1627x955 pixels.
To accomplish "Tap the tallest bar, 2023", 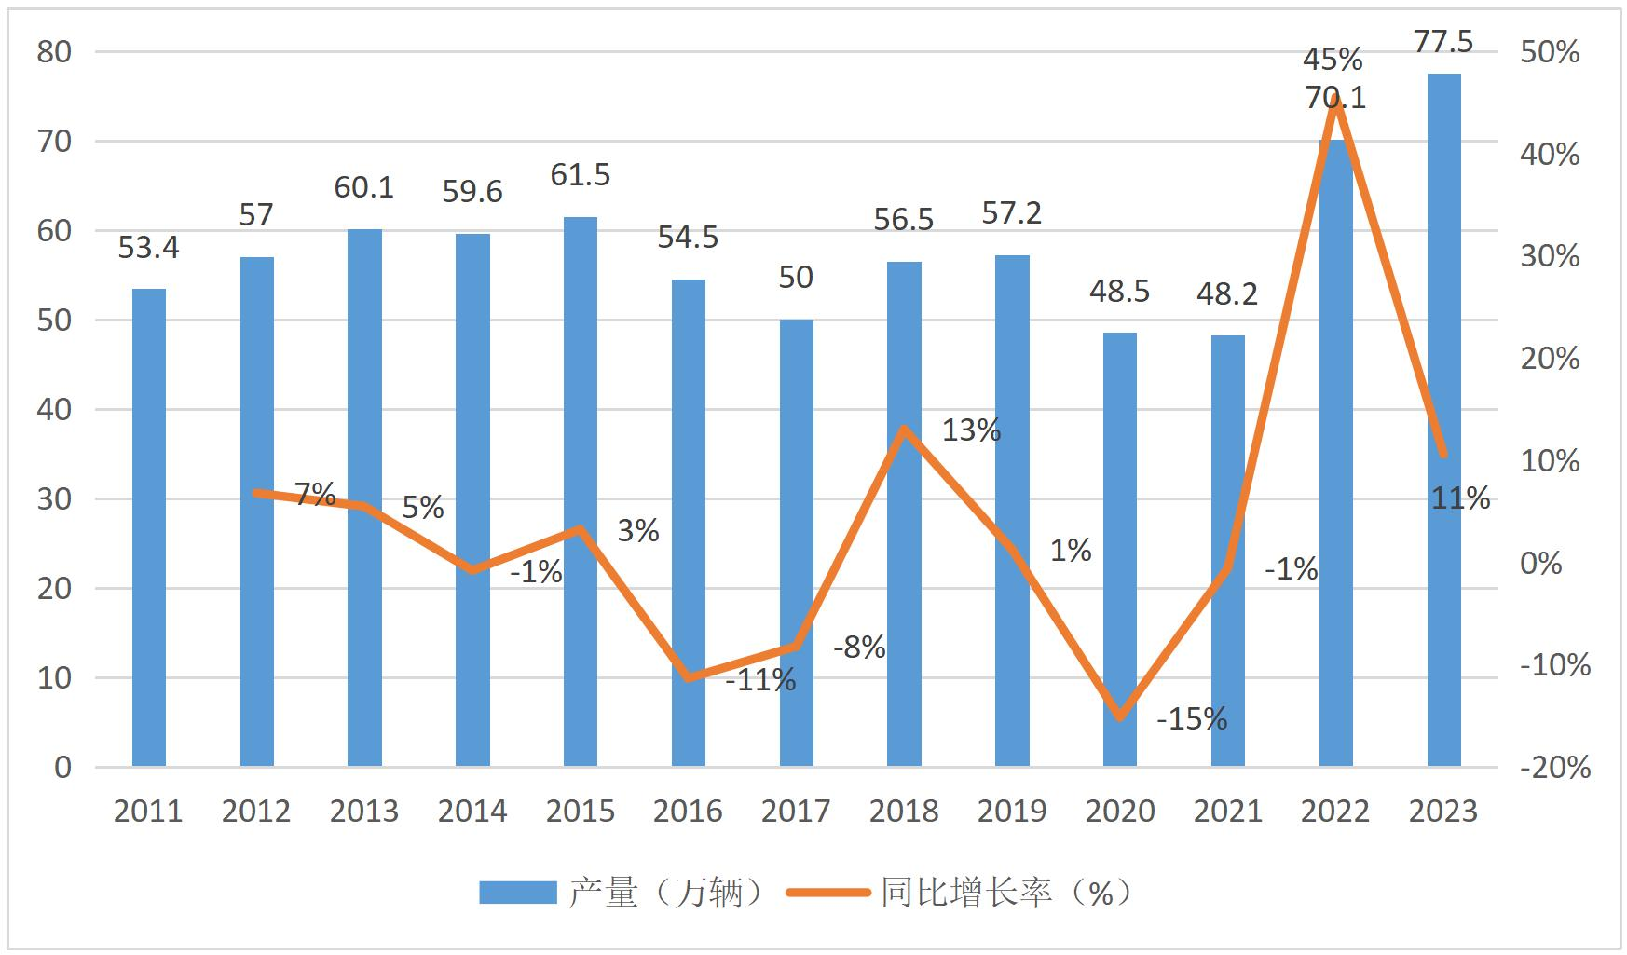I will pyautogui.click(x=1443, y=419).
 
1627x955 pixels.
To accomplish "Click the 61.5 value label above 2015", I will pyautogui.click(x=581, y=175).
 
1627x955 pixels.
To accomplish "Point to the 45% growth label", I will pyautogui.click(x=1333, y=60).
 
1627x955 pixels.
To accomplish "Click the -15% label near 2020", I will pyautogui.click(x=1192, y=719).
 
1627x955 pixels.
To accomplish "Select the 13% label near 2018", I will pyautogui.click(x=971, y=430).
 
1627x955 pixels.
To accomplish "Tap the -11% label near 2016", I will pyautogui.click(x=760, y=681).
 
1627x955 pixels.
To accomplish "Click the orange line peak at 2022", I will pyautogui.click(x=1336, y=101).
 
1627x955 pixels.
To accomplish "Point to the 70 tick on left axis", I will pyautogui.click(x=54, y=142).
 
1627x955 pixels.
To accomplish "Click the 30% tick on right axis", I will pyautogui.click(x=1551, y=256).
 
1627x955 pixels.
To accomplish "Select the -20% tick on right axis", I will pyautogui.click(x=1555, y=768).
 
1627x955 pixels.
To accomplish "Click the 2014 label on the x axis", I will pyautogui.click(x=472, y=812).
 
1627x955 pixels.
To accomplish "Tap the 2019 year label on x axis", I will pyautogui.click(x=1012, y=812).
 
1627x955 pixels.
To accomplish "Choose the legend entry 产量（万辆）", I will pyautogui.click(x=622, y=893).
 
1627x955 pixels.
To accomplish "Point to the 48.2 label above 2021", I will pyautogui.click(x=1227, y=294).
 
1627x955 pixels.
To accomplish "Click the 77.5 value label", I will pyautogui.click(x=1443, y=42).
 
